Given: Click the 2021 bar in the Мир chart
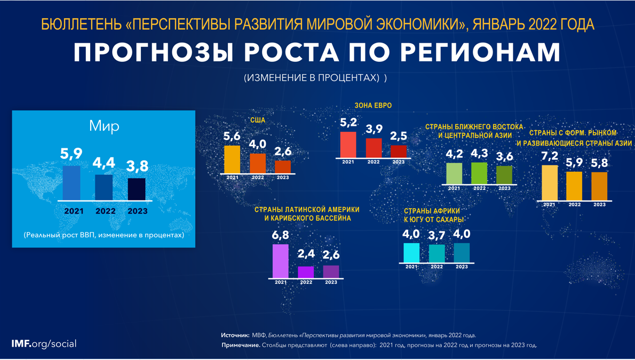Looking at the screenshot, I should pos(72,183).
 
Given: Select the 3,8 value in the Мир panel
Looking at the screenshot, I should pos(137,166).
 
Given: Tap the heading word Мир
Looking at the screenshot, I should pos(104,126).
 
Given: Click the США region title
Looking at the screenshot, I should pos(258,120).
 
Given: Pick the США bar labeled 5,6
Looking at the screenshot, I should pos(232,159).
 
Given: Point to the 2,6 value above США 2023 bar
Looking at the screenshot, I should pos(283,152).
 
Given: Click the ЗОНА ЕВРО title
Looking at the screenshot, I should pos(373,106).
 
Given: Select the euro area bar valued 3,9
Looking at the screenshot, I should pos(374,148).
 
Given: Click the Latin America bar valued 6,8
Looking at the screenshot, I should pos(281,261).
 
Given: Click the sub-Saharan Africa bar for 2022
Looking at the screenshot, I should pos(436,253).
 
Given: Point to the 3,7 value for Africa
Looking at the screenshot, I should pos(436,235).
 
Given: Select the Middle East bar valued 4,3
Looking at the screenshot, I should pos(479,173).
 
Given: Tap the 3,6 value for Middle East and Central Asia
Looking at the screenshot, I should pos(504,156).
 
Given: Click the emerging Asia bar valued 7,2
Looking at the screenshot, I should pos(550,182).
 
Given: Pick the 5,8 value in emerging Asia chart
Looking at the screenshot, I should pos(599,163).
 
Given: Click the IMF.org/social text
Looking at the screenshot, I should pos(44,344).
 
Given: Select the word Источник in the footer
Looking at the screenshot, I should pos(235,335).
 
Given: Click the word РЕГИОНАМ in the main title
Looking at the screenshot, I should pos(480,52).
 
